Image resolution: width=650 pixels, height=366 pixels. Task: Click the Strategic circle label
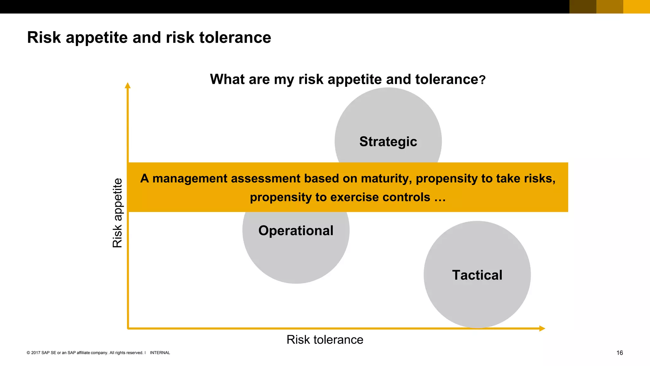coord(388,142)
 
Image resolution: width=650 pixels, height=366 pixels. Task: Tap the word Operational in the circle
coord(296,231)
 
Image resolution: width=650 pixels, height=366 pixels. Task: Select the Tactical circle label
coord(477,275)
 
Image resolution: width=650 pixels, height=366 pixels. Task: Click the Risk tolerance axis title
coord(325,340)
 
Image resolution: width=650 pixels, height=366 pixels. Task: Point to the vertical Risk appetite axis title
coord(117,213)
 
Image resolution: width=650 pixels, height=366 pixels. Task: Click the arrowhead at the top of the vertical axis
coord(128,85)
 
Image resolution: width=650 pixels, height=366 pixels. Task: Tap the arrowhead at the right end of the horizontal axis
coord(542,328)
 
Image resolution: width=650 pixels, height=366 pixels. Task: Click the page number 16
coord(620,353)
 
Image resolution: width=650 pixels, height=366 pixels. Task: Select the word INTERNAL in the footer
coord(160,353)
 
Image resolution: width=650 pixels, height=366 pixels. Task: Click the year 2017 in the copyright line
coord(36,353)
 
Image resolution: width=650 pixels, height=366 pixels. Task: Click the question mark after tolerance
coord(482,80)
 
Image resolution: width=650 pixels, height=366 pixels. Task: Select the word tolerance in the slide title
coord(235,37)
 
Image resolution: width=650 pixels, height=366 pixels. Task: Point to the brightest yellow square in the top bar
coord(636,7)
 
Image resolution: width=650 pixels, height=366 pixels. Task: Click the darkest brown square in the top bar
coord(583,7)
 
